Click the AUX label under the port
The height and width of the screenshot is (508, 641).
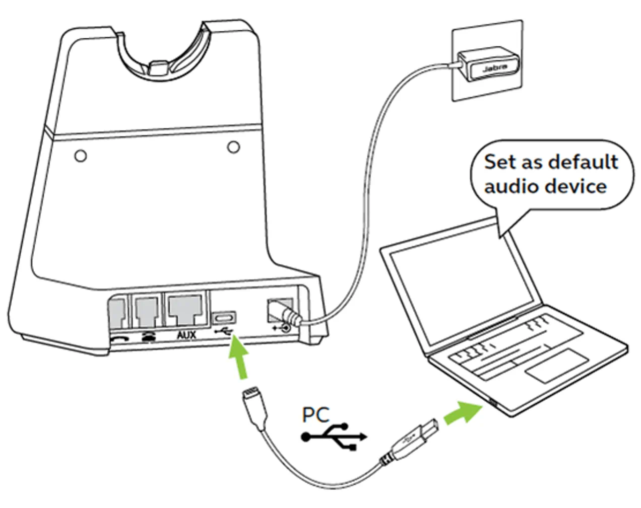click(186, 334)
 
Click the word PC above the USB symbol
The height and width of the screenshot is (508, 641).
click(315, 415)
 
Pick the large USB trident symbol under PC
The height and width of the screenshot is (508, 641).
click(335, 436)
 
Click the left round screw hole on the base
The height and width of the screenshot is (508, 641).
click(80, 155)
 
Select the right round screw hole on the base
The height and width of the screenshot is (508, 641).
click(233, 147)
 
